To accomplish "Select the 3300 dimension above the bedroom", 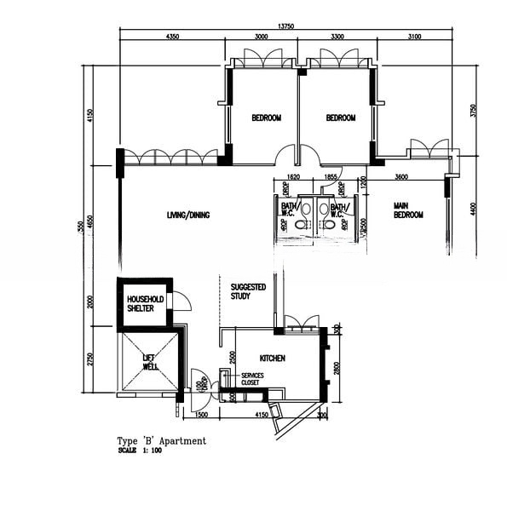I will coord(337,37).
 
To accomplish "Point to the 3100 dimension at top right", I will coord(414,37).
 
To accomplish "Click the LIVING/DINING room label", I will coord(188,215).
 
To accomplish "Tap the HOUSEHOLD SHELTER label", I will coord(145,304).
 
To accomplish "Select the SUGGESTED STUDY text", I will coord(249,292).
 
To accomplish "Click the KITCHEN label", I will coord(273,359).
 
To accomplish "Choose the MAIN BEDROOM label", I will coord(408,210).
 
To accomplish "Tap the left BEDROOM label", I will coord(266,118).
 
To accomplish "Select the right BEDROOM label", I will coord(341,118).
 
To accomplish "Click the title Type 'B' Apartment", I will coord(161,441).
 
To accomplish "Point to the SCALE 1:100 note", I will coord(141,451).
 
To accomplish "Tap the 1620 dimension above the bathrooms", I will coord(294,177).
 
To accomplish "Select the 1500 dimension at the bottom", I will coord(202,415).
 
